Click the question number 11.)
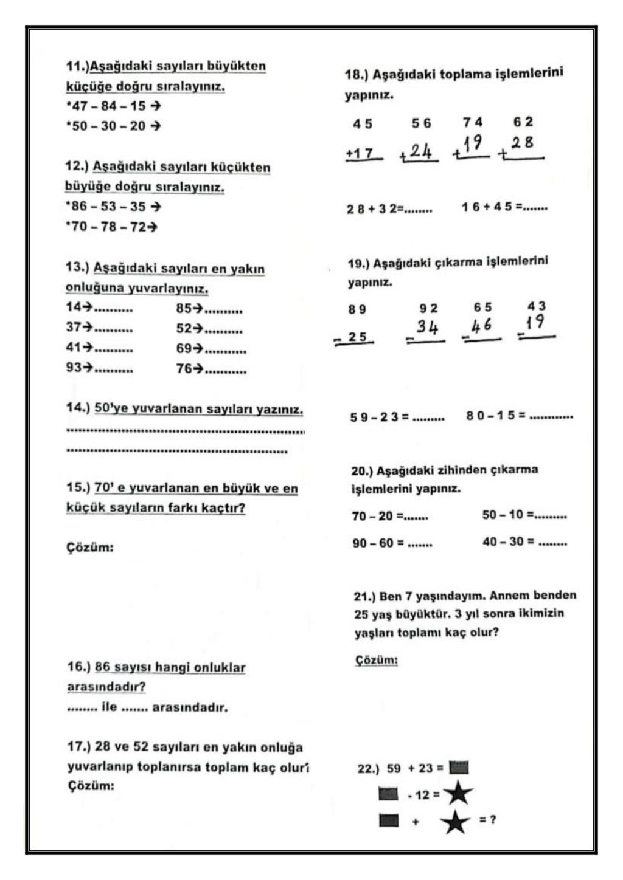pyautogui.click(x=77, y=66)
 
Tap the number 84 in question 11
pyautogui.click(x=109, y=106)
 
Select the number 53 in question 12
pyautogui.click(x=108, y=207)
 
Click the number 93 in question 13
pyautogui.click(x=74, y=368)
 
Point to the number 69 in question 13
pyautogui.click(x=184, y=349)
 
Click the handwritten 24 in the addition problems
pyautogui.click(x=420, y=150)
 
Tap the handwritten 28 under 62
pyautogui.click(x=522, y=143)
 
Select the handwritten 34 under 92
pyautogui.click(x=427, y=328)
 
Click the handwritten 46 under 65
pyautogui.click(x=481, y=326)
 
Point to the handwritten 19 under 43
pyautogui.click(x=535, y=322)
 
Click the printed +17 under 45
pyautogui.click(x=360, y=154)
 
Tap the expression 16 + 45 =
pyautogui.click(x=492, y=207)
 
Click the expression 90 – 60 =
pyautogui.click(x=378, y=543)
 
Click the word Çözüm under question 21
pyautogui.click(x=376, y=660)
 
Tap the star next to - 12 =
pyautogui.click(x=458, y=794)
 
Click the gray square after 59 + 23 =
pyautogui.click(x=459, y=768)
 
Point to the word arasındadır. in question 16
pyautogui.click(x=190, y=707)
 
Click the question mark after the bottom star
pyautogui.click(x=492, y=820)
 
